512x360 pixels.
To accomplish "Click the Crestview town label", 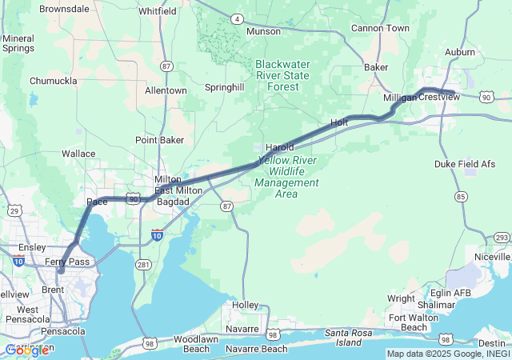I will pos(439,97).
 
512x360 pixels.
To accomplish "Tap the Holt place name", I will pos(340,123).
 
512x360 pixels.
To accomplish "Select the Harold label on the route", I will pos(280,147).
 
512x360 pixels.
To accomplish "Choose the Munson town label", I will pos(263,31).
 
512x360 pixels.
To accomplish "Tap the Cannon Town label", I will pos(380,28).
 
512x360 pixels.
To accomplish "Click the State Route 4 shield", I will pos(238,18).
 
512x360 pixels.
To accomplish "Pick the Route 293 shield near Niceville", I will pos(501,238).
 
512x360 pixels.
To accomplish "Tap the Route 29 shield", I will pos(14,210).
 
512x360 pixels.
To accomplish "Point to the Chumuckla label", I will pos(53,81).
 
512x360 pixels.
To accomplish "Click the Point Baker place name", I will pos(160,140).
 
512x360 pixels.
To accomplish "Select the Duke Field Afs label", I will pos(465,163).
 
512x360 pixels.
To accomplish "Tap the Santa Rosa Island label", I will pos(355,337).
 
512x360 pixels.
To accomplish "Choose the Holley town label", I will pos(245,305).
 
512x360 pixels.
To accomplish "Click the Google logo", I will pos(26,350).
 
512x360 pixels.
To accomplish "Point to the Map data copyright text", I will pos(447,354).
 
